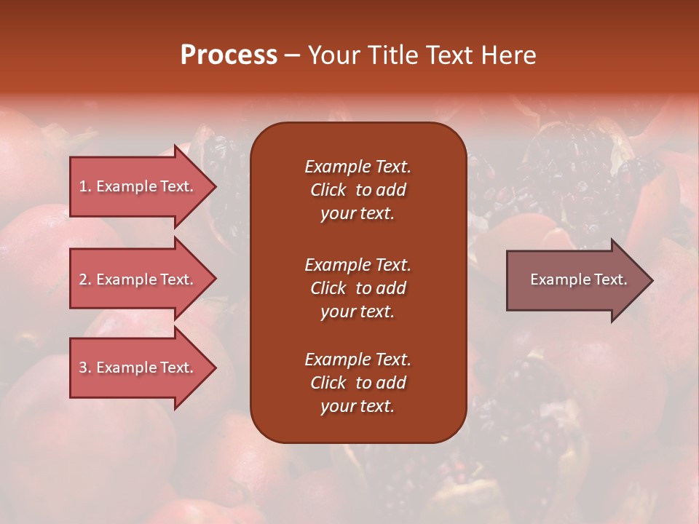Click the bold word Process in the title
tap(229, 55)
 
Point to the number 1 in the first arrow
tap(83, 186)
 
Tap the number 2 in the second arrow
tap(83, 279)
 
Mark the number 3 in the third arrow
tap(83, 368)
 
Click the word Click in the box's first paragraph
tap(328, 190)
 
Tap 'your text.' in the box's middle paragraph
tap(358, 311)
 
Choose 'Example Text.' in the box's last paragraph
tap(358, 360)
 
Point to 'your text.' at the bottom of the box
tap(358, 407)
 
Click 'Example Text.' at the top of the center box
tap(358, 167)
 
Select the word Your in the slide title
tap(332, 55)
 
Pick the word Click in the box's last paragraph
tap(328, 383)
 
